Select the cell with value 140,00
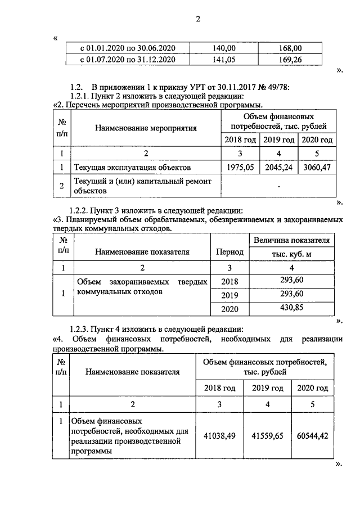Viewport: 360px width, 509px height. click(x=224, y=48)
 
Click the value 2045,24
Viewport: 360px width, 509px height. click(x=279, y=167)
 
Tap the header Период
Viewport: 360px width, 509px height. click(x=229, y=252)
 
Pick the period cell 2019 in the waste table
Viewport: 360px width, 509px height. click(x=229, y=295)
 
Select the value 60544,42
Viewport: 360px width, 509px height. click(x=313, y=435)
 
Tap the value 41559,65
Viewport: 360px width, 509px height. click(x=267, y=435)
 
